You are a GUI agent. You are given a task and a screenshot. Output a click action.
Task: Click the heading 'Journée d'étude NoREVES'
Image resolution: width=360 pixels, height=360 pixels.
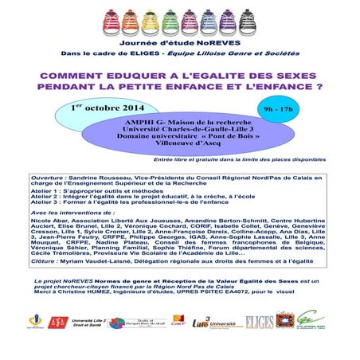[x=180, y=37]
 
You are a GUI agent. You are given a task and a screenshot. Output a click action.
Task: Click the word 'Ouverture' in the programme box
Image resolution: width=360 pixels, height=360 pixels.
[x=45, y=180]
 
